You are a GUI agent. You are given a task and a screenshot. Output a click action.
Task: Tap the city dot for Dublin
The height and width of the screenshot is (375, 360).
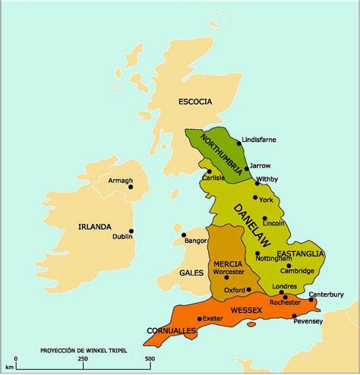tap(131, 232)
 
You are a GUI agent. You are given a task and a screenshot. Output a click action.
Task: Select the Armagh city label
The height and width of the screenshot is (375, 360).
tap(120, 181)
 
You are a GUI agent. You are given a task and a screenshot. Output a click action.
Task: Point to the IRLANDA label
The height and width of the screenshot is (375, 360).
tap(94, 226)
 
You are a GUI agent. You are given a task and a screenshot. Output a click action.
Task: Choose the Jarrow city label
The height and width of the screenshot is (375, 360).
tap(261, 165)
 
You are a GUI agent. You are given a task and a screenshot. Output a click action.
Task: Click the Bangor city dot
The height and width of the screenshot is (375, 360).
tap(184, 235)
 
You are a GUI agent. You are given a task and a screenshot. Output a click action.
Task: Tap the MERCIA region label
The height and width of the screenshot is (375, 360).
tap(228, 263)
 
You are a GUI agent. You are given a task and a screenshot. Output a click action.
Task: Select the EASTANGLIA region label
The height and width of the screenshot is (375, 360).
tap(300, 253)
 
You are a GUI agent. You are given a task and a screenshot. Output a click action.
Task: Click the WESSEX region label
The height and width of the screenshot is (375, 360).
tap(247, 310)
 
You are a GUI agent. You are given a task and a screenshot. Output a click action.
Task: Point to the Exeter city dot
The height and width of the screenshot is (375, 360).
tap(200, 319)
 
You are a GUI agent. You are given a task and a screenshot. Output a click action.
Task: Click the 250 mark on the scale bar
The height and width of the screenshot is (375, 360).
tap(82, 359)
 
